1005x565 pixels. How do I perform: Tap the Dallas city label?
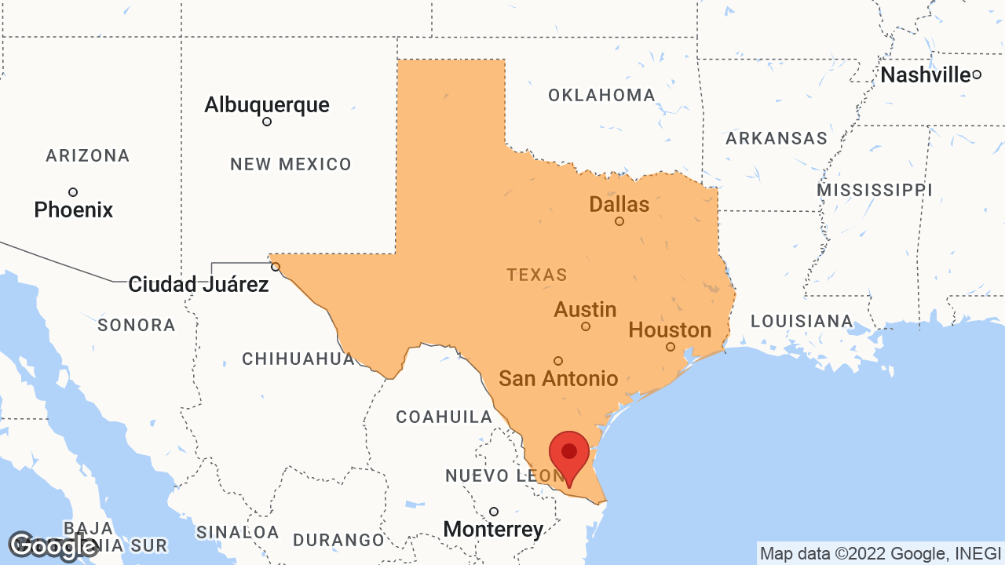(619, 205)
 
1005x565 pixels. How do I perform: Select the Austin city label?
(585, 309)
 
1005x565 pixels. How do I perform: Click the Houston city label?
(670, 330)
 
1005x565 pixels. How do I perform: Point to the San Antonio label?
(558, 378)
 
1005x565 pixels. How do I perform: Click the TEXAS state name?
(536, 275)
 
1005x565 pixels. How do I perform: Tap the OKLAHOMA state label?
(601, 95)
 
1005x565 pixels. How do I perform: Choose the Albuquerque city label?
(267, 104)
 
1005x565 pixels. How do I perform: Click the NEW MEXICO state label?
(291, 164)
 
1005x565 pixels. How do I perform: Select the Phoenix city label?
(74, 210)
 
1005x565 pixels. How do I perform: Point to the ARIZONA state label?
(88, 155)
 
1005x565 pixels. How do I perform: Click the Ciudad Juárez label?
(198, 284)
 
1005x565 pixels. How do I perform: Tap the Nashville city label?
(925, 75)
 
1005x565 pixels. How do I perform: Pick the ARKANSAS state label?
(776, 138)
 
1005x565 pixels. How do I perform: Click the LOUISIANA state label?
(802, 320)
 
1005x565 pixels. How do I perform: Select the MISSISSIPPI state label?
(874, 190)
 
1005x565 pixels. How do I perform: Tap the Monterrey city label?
(493, 529)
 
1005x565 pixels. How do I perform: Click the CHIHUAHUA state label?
(298, 359)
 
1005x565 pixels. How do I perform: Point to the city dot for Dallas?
(619, 221)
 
